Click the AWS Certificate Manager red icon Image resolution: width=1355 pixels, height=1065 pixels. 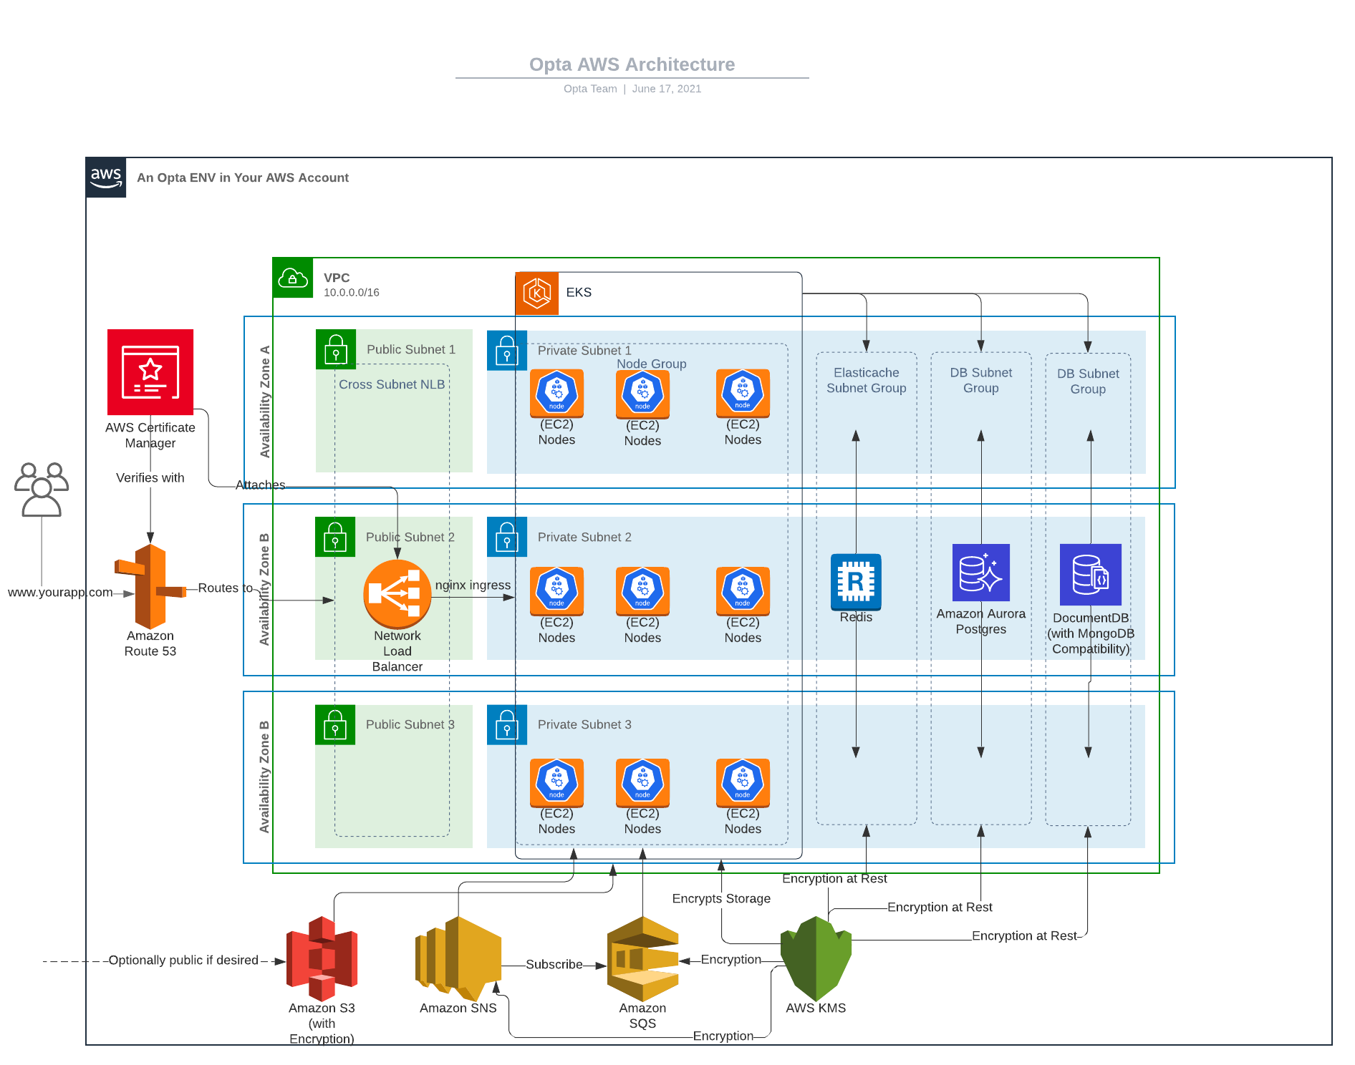(x=150, y=372)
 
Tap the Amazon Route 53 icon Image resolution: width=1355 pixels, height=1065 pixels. (x=150, y=587)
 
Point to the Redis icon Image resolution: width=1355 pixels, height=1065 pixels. (x=856, y=581)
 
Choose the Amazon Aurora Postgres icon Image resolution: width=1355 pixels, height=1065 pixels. (x=980, y=573)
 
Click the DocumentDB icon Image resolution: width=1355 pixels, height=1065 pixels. (x=1090, y=574)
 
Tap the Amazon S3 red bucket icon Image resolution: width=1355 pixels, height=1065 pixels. (x=322, y=959)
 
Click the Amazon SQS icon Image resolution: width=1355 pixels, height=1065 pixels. (x=642, y=959)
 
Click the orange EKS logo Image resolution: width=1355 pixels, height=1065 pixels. (x=536, y=293)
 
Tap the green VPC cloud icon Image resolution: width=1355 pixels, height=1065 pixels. (x=293, y=278)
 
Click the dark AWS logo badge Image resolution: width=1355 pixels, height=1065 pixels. (x=106, y=177)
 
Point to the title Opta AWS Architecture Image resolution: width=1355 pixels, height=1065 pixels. (x=632, y=64)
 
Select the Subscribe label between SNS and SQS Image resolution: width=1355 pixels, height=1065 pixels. (x=554, y=965)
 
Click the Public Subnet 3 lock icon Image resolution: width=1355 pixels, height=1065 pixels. (x=335, y=725)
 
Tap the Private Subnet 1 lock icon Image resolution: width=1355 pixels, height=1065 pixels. (x=507, y=351)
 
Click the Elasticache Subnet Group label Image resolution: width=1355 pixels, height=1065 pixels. (x=866, y=380)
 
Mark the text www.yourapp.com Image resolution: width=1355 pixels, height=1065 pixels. (x=60, y=593)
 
